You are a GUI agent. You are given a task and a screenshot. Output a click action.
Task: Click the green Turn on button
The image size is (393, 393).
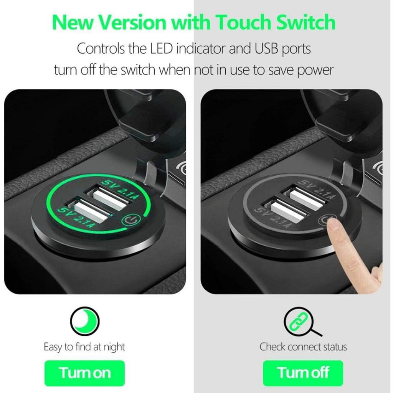85,373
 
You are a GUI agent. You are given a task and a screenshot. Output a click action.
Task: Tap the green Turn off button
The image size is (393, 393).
303,373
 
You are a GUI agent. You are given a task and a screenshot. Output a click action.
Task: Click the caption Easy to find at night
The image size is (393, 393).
84,347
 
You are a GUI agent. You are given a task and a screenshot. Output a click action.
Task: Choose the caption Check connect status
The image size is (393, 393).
303,347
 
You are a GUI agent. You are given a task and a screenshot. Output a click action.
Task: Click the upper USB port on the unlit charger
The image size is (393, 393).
305,197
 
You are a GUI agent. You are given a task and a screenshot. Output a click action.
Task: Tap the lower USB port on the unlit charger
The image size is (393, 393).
286,211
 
